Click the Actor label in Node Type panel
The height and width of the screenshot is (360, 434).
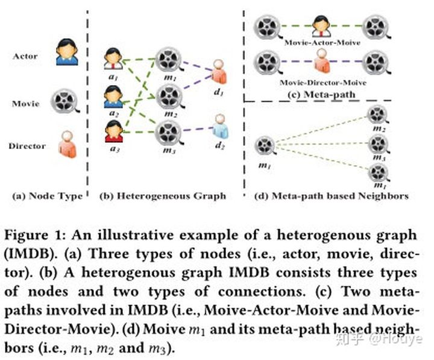click(x=25, y=56)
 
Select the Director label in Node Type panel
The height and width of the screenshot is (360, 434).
click(x=28, y=145)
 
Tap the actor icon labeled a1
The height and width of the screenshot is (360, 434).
click(x=113, y=59)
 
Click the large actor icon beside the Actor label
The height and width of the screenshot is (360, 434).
click(x=66, y=51)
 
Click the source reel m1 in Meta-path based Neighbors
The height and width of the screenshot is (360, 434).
click(x=265, y=145)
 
